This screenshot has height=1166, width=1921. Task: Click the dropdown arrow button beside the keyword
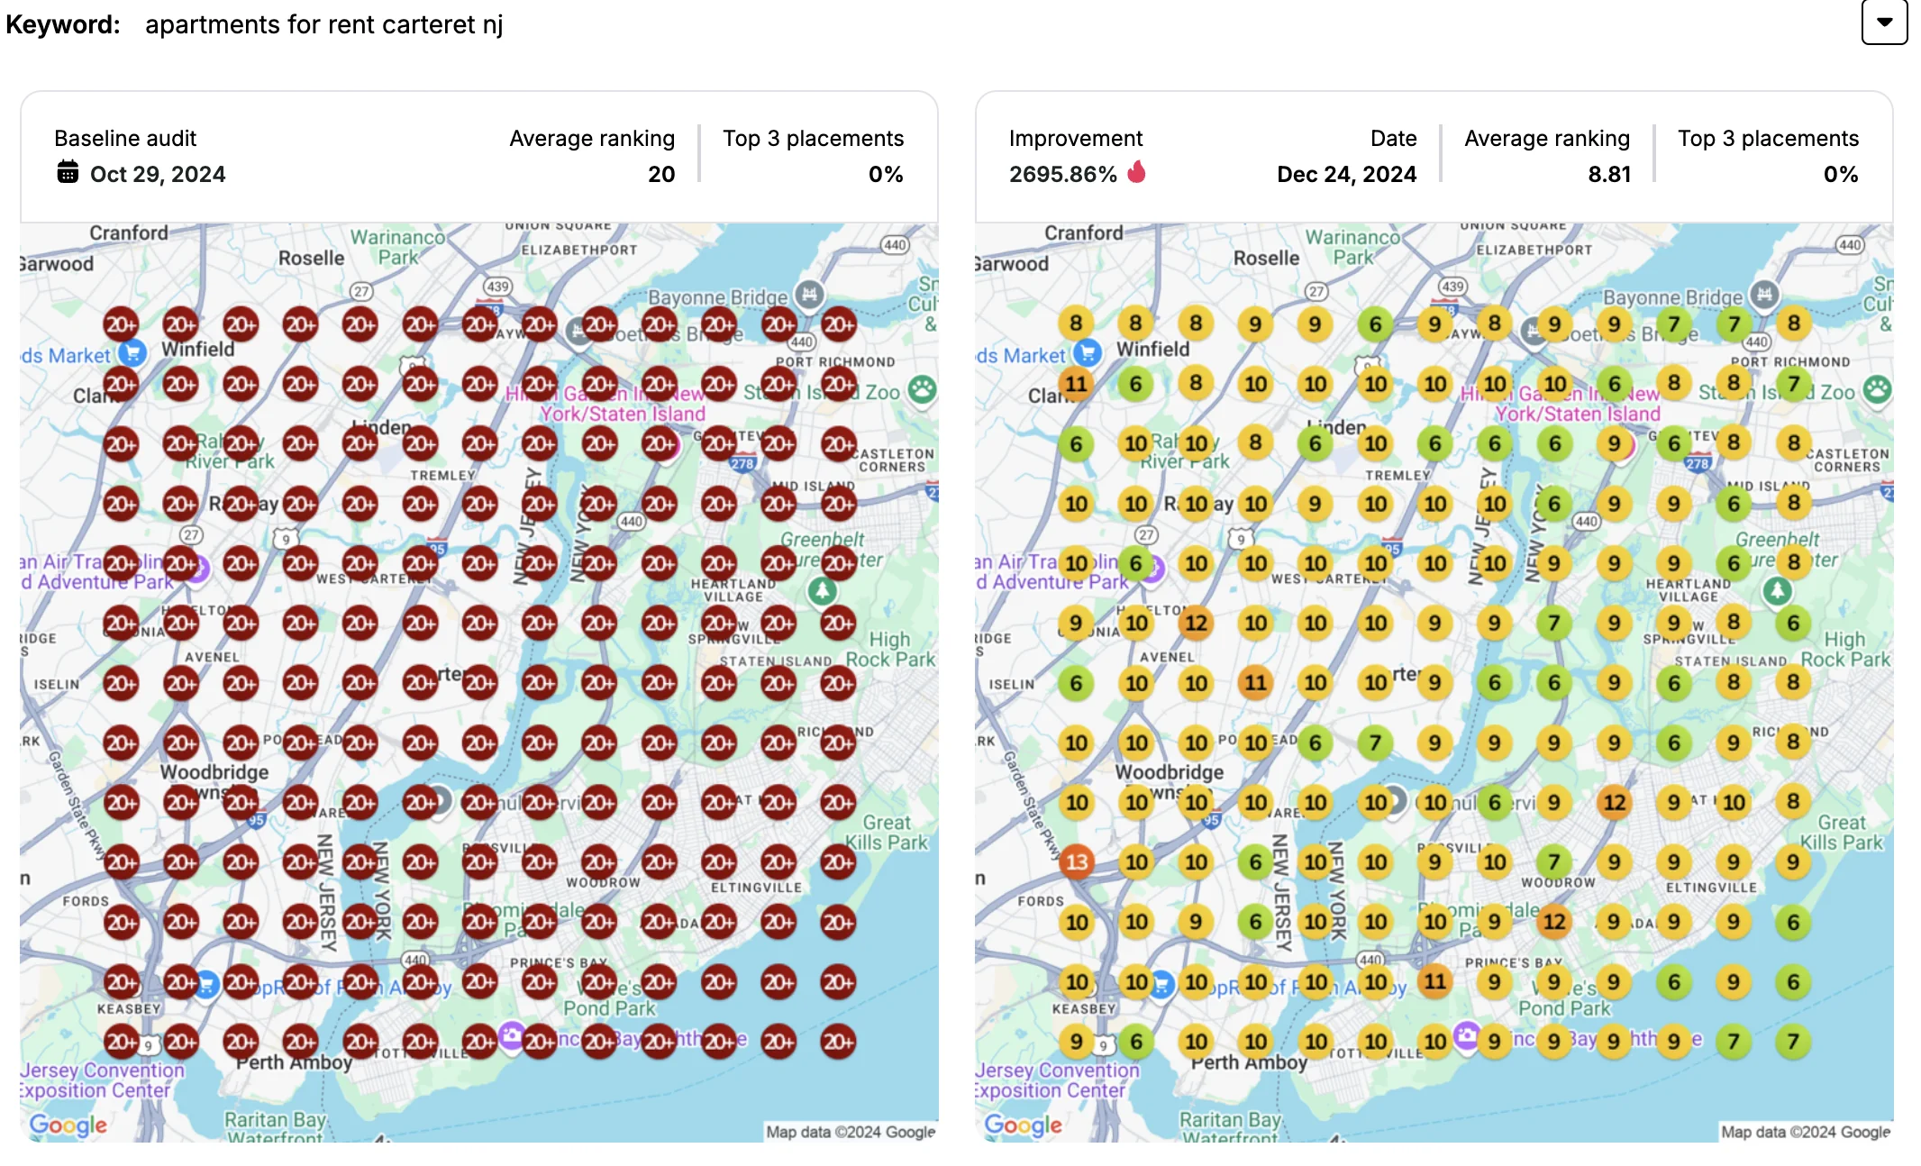[1883, 23]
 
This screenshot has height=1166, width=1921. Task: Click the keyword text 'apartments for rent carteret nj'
[323, 24]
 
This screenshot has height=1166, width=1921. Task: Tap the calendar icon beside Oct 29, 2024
[68, 172]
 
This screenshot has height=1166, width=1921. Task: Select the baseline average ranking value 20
[660, 174]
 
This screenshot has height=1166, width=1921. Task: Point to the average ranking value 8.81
[1608, 174]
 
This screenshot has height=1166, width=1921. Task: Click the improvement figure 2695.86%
[1062, 174]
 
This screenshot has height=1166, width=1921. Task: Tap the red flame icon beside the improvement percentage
[1137, 171]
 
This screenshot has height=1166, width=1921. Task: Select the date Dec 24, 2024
[1346, 174]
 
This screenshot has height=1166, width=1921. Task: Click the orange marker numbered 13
[1076, 862]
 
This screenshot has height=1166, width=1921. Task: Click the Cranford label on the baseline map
[129, 232]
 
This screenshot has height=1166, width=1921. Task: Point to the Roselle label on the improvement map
[1266, 258]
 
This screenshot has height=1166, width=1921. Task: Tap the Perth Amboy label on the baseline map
[294, 1063]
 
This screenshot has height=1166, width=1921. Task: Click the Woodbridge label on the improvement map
[1169, 772]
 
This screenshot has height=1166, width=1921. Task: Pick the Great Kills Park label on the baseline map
[887, 833]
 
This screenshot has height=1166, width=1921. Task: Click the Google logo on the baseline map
[68, 1125]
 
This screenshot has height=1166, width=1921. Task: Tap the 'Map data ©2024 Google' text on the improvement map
[1805, 1132]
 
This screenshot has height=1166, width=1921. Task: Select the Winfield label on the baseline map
[197, 350]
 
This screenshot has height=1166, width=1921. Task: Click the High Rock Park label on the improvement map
[1844, 649]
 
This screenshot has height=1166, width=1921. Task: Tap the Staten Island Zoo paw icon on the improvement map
[1877, 389]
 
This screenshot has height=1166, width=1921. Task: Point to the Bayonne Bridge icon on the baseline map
[809, 294]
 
